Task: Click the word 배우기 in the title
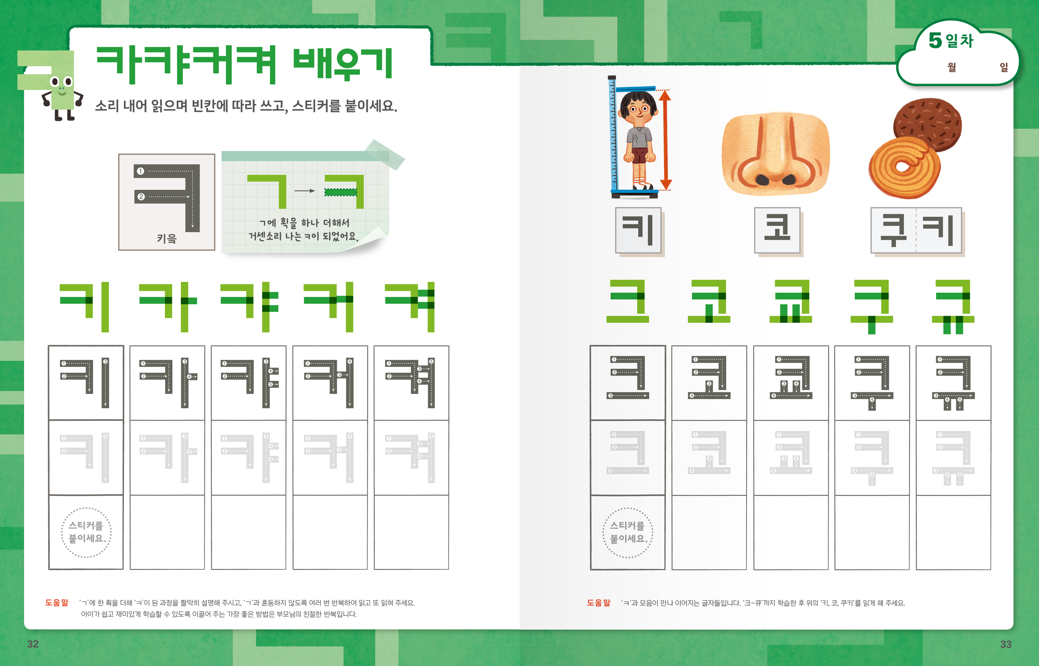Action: pyautogui.click(x=343, y=64)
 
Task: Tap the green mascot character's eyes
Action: pyautogui.click(x=61, y=81)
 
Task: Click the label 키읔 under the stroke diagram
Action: pyautogui.click(x=167, y=238)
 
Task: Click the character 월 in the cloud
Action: pyautogui.click(x=952, y=67)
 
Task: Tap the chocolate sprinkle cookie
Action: pyautogui.click(x=927, y=125)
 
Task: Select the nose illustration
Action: pyautogui.click(x=775, y=154)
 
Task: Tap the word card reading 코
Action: pyautogui.click(x=777, y=230)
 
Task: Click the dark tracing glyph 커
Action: pyautogui.click(x=329, y=383)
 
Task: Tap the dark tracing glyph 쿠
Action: pyautogui.click(x=872, y=383)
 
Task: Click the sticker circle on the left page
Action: pyautogui.click(x=86, y=532)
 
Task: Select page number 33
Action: pyautogui.click(x=1006, y=645)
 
